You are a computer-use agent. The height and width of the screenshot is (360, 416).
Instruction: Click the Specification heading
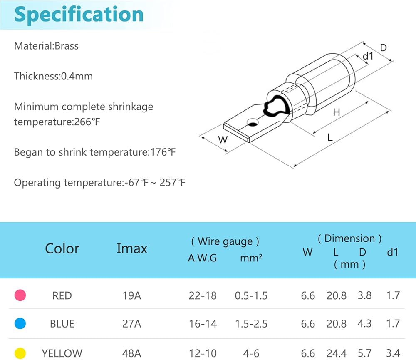click(x=79, y=15)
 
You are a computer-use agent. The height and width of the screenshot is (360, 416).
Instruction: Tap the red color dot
click(x=20, y=295)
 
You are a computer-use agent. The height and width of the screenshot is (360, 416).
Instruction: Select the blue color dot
click(x=20, y=323)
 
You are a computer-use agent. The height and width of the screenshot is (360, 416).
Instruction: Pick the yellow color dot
click(x=20, y=353)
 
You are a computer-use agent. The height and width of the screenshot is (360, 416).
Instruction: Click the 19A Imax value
click(x=131, y=295)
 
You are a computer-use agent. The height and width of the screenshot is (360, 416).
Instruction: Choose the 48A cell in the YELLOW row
click(x=131, y=353)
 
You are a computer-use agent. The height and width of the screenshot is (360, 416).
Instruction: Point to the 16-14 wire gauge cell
click(x=203, y=324)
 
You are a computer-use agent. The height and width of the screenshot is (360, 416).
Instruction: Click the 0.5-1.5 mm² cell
click(x=251, y=295)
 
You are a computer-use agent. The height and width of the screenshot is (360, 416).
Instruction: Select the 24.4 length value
click(x=337, y=353)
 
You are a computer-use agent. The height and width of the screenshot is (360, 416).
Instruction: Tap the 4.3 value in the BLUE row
click(x=364, y=324)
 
